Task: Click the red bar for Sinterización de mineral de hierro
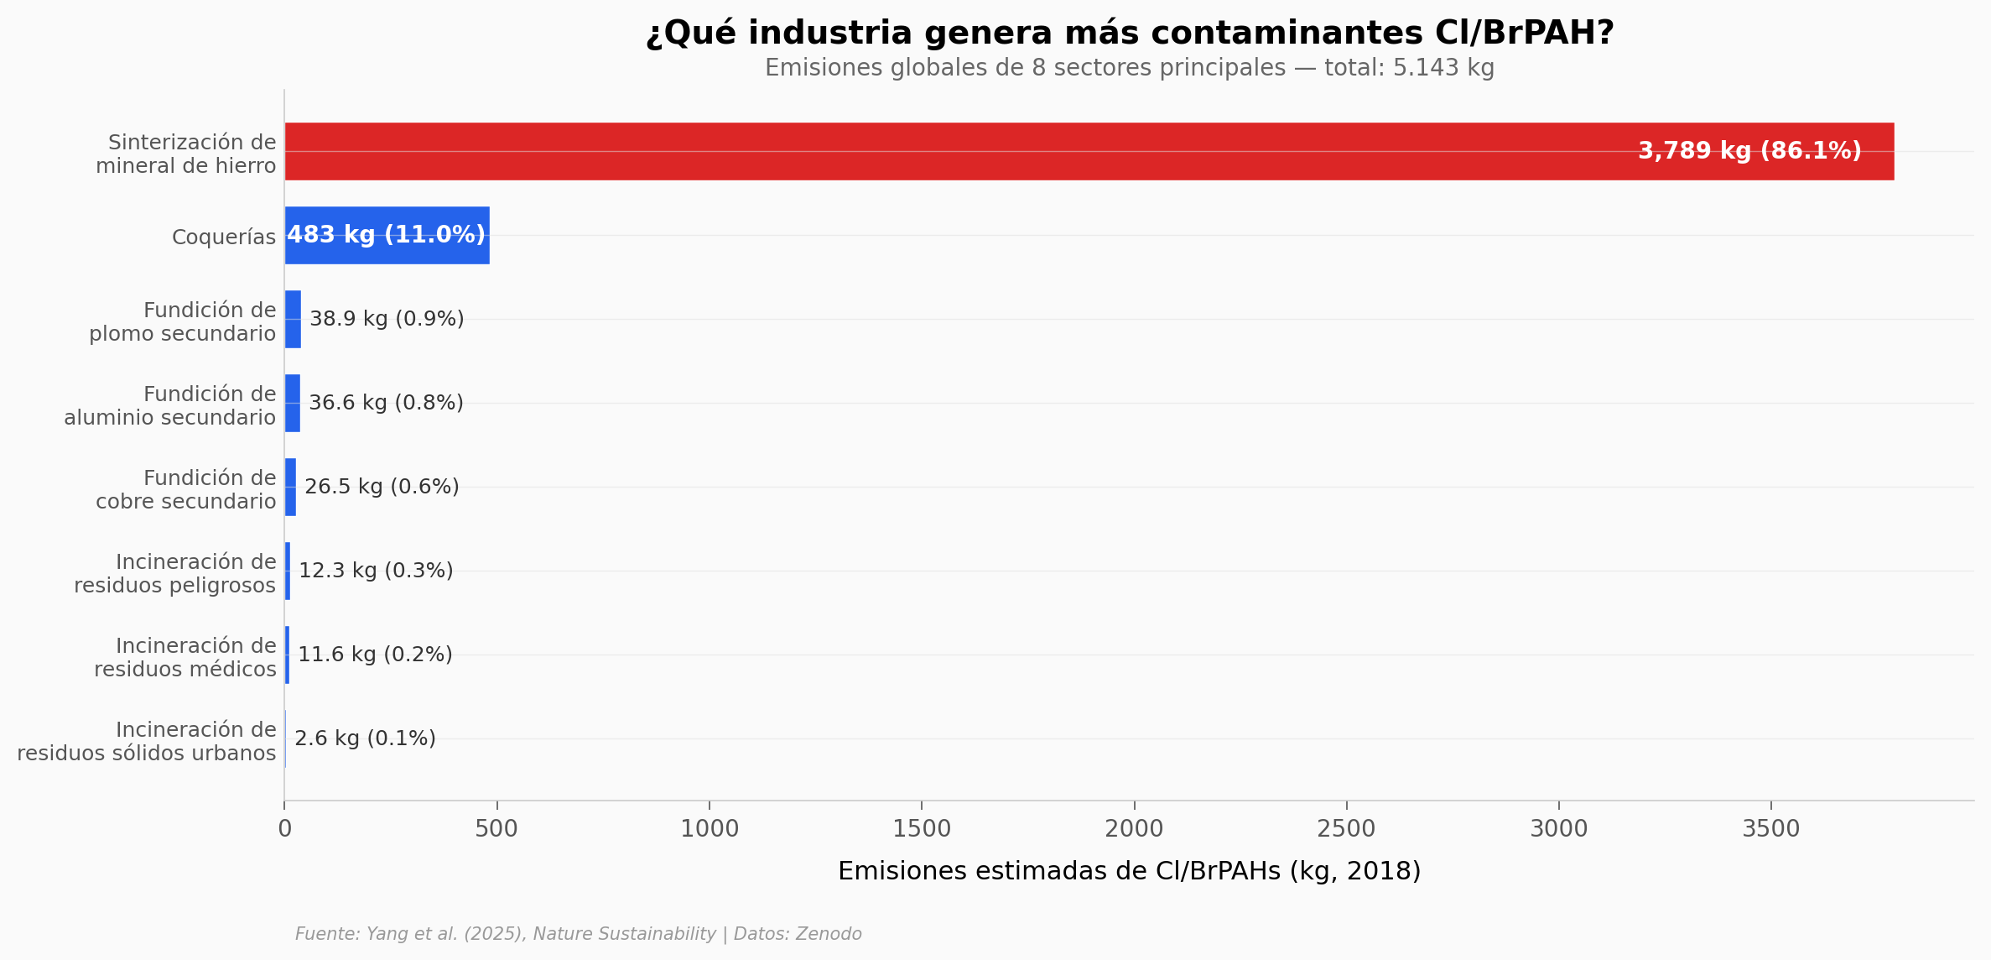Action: coord(1006,151)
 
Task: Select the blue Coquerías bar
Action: coord(387,236)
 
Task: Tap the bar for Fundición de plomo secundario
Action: coord(293,320)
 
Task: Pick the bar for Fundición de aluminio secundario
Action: coord(292,404)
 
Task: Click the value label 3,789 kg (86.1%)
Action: coord(1749,151)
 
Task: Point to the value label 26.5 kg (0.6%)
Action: coord(382,488)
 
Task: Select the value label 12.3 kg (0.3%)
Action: coord(376,571)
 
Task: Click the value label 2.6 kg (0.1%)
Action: coord(365,739)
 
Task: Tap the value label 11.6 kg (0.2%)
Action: coord(375,655)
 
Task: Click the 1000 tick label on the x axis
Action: coord(710,830)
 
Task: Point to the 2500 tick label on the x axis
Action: coord(1346,830)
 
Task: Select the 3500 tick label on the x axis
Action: coord(1770,830)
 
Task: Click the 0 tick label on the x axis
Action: coord(285,830)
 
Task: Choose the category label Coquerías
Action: coord(224,237)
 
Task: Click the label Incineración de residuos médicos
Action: coord(185,658)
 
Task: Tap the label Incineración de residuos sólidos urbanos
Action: coord(147,742)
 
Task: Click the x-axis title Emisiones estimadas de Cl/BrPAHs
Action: coord(1129,872)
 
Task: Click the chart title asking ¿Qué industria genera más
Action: coord(1129,34)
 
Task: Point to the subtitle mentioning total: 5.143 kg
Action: coord(1129,68)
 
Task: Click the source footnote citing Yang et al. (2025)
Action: coord(578,935)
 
